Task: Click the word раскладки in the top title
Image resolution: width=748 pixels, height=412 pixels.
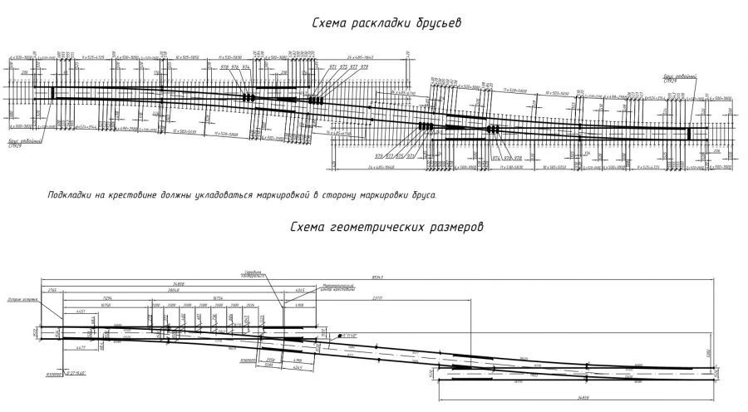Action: point(373,23)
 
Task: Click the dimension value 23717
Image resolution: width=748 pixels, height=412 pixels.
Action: point(376,298)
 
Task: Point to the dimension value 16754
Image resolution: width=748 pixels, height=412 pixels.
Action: point(220,298)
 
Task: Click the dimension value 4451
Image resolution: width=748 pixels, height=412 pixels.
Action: point(81,311)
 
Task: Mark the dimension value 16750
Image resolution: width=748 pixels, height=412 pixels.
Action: point(106,305)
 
